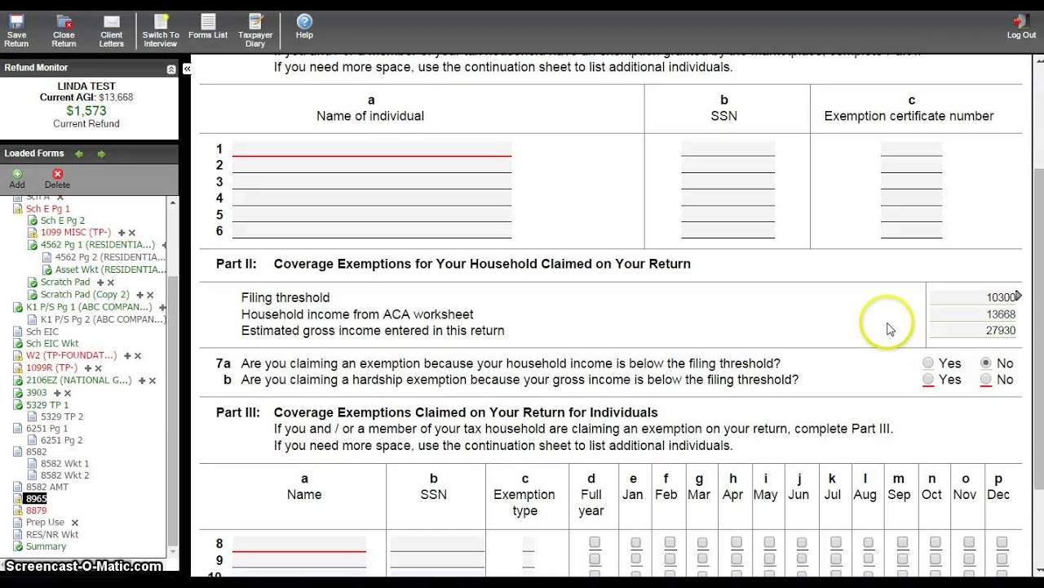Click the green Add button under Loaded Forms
(17, 178)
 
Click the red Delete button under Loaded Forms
(57, 178)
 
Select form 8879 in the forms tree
(36, 510)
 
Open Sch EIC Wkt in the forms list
(52, 344)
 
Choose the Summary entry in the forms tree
(46, 546)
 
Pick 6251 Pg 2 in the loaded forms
(62, 440)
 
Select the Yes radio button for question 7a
(928, 363)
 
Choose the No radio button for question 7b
(986, 380)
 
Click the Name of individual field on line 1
(372, 149)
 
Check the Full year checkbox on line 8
(595, 543)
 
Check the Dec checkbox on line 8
(1002, 543)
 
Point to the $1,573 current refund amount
(86, 110)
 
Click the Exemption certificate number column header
(909, 109)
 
